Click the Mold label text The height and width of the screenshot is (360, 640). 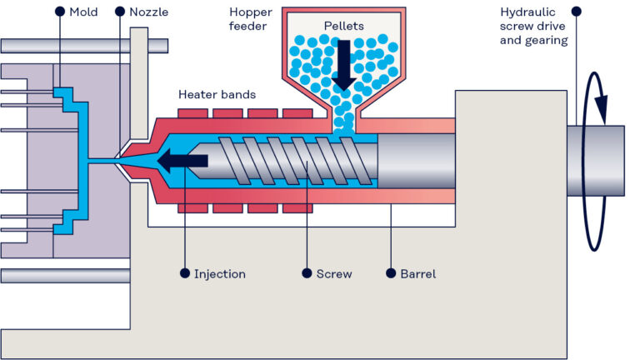pyautogui.click(x=83, y=12)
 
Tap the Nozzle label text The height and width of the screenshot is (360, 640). pyautogui.click(x=149, y=12)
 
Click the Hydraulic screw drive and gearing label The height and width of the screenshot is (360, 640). pyautogui.click(x=534, y=26)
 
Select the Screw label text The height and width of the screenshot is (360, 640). pyautogui.click(x=334, y=273)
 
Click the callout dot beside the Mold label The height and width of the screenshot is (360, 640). pyautogui.click(x=59, y=12)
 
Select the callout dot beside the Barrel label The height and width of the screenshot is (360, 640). pyautogui.click(x=391, y=273)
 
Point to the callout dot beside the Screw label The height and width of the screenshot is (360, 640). pyautogui.click(x=307, y=273)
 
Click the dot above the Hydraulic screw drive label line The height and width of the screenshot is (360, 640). pyautogui.click(x=576, y=12)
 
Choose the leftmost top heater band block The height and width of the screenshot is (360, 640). pyautogui.click(x=193, y=112)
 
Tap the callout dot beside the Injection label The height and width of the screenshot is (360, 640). pyautogui.click(x=184, y=273)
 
